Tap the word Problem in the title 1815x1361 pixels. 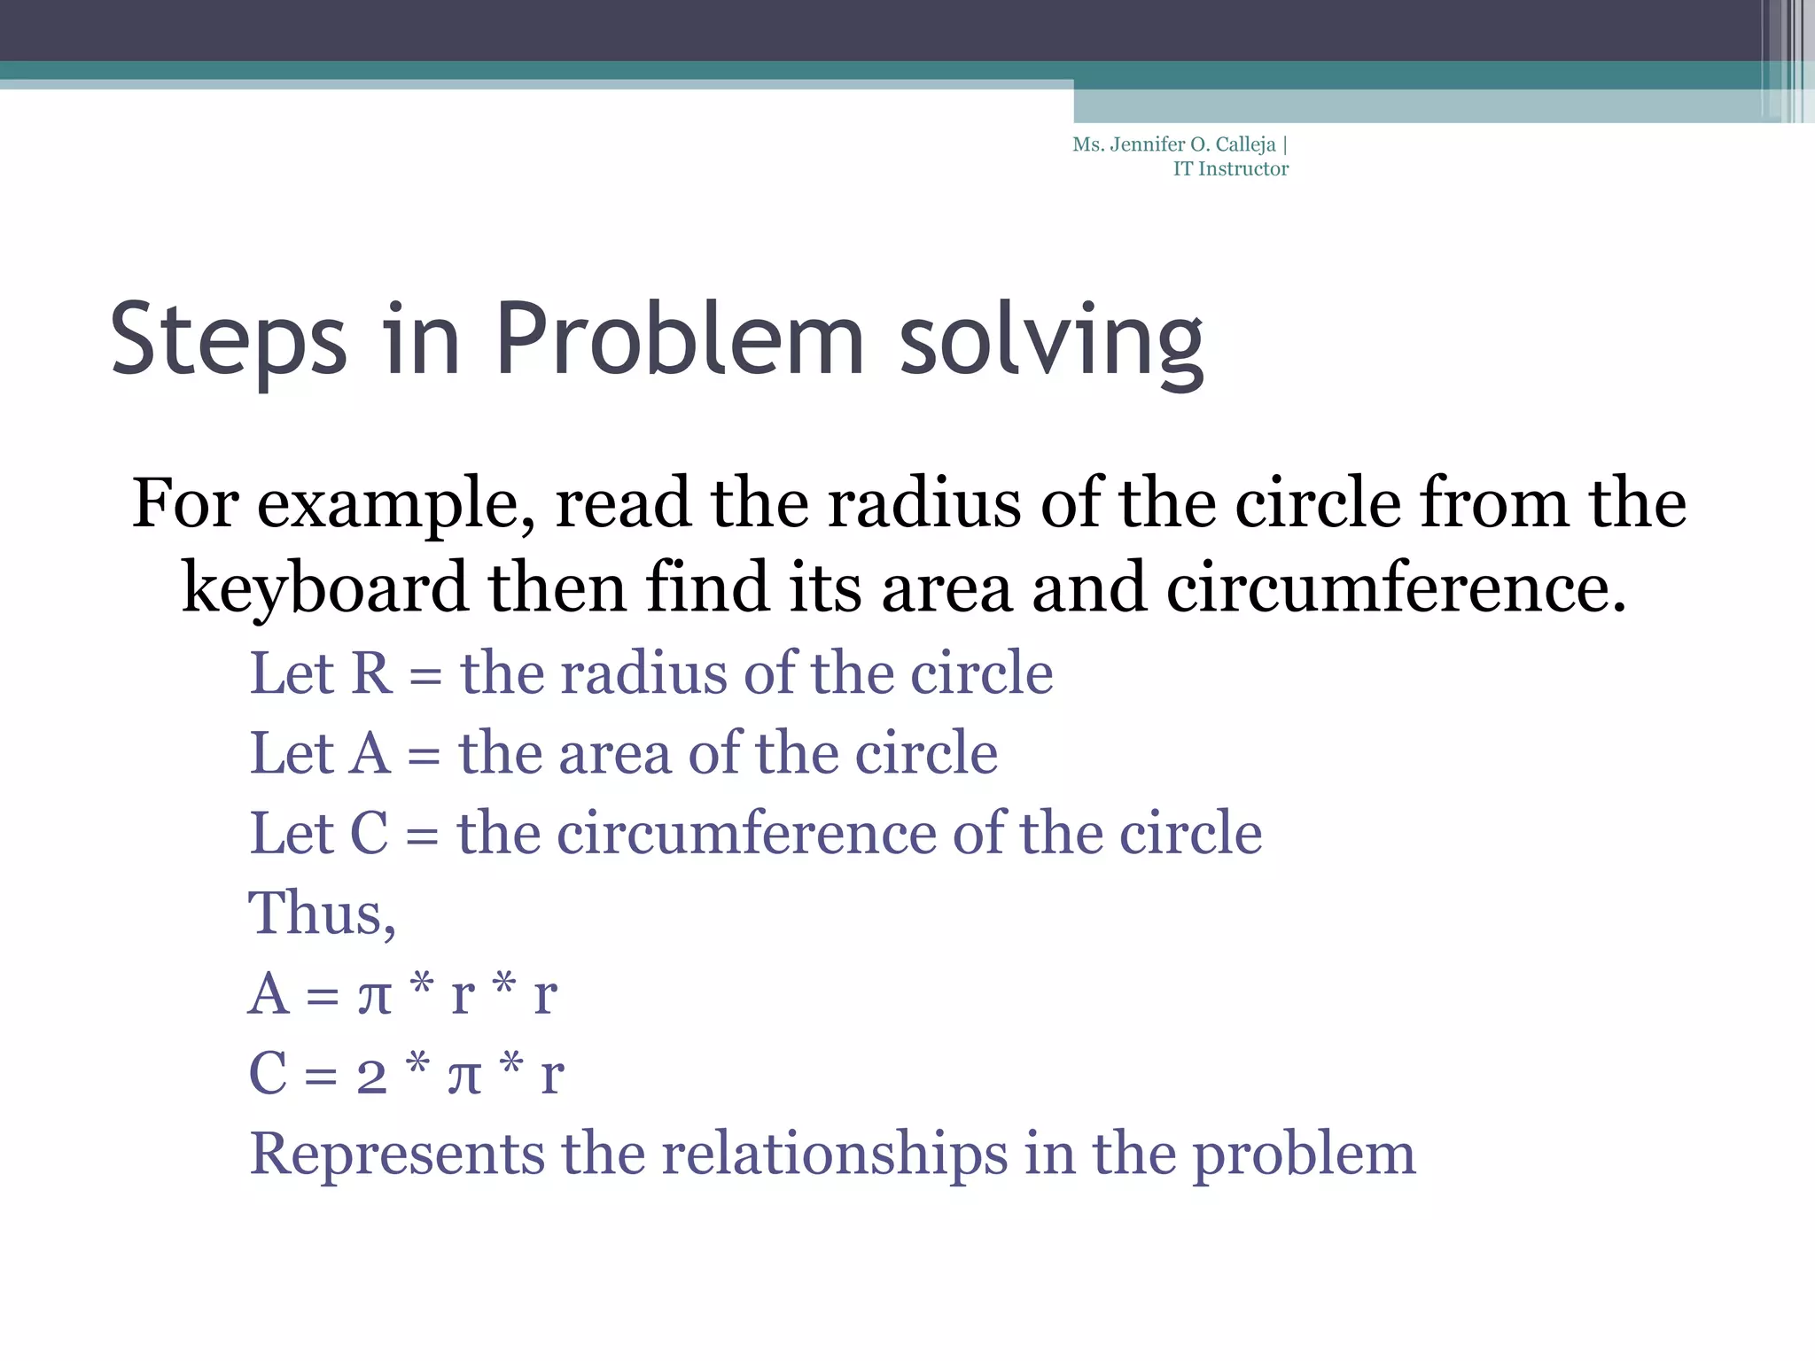click(679, 339)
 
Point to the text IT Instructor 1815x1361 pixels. click(1230, 169)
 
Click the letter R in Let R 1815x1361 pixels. click(371, 673)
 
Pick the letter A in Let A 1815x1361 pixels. click(370, 754)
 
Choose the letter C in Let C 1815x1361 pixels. click(370, 834)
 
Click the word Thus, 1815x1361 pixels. click(322, 914)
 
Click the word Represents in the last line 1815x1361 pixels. click(397, 1155)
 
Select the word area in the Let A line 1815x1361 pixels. click(614, 754)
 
